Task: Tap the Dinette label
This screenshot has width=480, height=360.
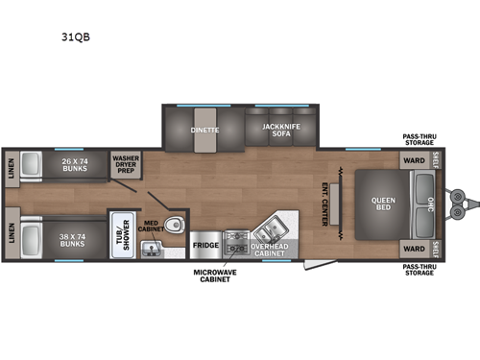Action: (204, 130)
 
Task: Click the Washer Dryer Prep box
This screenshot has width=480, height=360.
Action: (127, 163)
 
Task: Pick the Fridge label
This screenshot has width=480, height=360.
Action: (204, 246)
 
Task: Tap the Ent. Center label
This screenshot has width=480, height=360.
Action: (325, 204)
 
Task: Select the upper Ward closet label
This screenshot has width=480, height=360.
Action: (413, 160)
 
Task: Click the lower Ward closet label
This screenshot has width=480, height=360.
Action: (413, 247)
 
